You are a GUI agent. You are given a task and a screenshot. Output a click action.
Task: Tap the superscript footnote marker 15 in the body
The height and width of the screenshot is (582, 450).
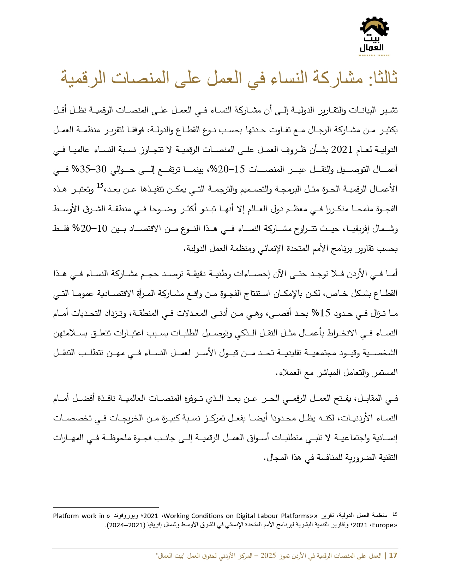[100, 186]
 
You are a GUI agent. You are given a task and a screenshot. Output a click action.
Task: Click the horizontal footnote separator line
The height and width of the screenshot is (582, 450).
[106, 507]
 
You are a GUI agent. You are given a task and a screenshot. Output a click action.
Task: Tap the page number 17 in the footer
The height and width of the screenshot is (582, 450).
[393, 556]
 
